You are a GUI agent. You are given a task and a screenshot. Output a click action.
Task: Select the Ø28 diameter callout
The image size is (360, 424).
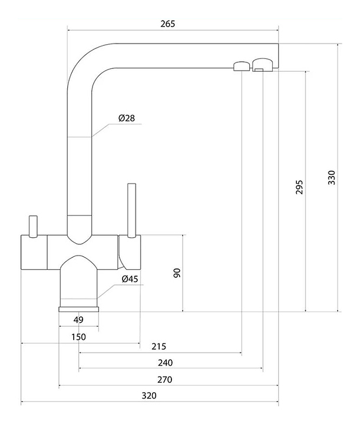(126, 118)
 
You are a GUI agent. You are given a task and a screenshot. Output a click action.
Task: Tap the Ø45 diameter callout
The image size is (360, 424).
(130, 279)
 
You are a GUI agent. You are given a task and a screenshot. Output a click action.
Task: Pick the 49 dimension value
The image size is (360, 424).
(78, 320)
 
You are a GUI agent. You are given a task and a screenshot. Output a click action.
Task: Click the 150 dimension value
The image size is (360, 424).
(78, 337)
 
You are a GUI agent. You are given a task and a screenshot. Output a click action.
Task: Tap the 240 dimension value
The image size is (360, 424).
(166, 362)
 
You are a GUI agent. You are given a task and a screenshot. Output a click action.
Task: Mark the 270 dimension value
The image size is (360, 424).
(166, 379)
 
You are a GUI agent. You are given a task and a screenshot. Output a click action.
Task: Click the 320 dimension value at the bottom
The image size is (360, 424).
(149, 396)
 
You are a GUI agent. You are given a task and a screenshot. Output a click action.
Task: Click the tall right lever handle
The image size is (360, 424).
(131, 209)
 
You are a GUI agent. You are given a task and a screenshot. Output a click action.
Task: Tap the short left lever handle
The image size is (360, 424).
(32, 224)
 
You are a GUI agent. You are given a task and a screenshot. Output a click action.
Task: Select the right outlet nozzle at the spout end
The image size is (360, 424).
(263, 64)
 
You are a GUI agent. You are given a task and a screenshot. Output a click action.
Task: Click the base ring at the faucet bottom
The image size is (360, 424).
(78, 308)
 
